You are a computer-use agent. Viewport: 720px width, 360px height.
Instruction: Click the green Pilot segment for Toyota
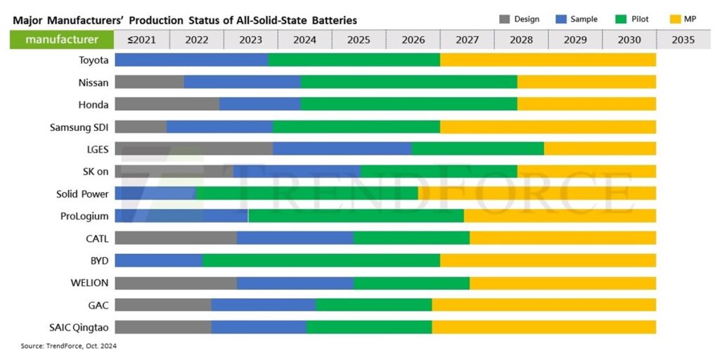coord(354,60)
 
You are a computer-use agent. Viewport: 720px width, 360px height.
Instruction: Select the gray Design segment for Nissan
coord(149,82)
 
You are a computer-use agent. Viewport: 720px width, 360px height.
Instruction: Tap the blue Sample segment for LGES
coord(342,148)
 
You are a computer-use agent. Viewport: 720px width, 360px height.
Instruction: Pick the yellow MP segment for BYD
coord(548,260)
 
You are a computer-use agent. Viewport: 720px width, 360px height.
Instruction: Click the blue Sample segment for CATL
coord(295,238)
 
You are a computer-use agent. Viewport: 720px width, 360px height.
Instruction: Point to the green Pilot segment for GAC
coord(373,304)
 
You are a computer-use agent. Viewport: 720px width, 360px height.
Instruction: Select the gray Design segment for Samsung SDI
coord(141,127)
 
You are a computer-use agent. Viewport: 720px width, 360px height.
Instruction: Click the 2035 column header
coord(683,39)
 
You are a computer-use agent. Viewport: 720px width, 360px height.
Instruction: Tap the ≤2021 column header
coord(141,39)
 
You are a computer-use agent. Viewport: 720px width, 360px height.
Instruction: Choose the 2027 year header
coord(467,39)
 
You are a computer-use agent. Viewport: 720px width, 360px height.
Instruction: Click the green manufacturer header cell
coord(62,39)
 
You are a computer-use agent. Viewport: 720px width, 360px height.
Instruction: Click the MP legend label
coord(690,19)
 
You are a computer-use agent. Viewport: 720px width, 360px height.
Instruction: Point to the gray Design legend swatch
coord(503,19)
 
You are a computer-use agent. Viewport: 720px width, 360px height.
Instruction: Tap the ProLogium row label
coord(84,216)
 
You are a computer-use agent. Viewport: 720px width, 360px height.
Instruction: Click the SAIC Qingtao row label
coord(78,327)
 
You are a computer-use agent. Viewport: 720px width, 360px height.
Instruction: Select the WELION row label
coord(89,283)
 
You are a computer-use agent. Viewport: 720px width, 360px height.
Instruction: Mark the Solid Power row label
coord(82,193)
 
